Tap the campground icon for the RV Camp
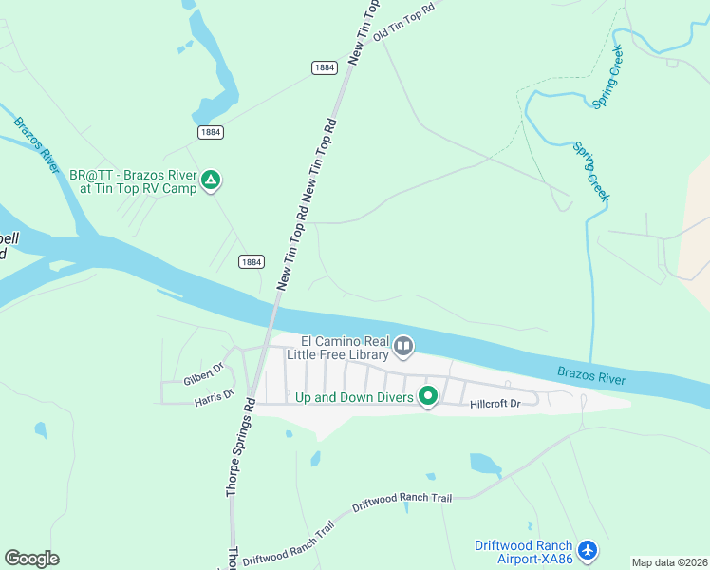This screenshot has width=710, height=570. click(212, 180)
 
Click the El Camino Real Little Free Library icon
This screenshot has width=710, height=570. click(403, 347)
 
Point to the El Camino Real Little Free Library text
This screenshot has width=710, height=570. click(345, 348)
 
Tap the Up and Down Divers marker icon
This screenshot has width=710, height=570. click(428, 396)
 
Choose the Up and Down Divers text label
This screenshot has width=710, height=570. click(355, 397)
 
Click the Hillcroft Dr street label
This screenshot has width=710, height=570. click(495, 404)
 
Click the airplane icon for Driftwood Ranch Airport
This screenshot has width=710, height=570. click(588, 549)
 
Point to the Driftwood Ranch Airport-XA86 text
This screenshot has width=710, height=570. click(524, 552)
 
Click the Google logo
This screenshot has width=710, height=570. click(31, 559)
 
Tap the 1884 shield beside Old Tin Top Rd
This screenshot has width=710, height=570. click(324, 67)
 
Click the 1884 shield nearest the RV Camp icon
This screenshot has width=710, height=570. click(211, 132)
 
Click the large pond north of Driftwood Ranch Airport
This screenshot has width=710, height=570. click(484, 464)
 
